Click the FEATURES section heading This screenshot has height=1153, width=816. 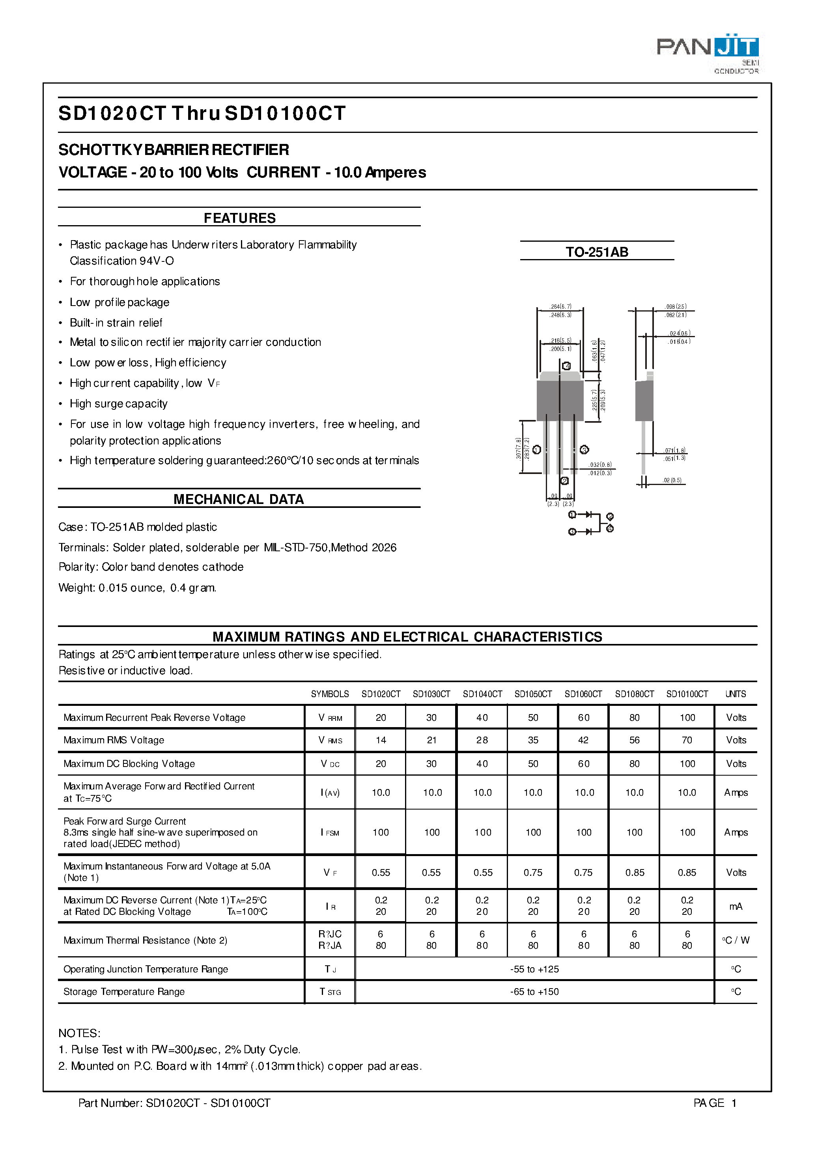pyautogui.click(x=240, y=218)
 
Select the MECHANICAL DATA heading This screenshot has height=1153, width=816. pyautogui.click(x=239, y=499)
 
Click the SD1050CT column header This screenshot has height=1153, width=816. pyautogui.click(x=533, y=694)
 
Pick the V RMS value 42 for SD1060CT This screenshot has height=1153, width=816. pyautogui.click(x=583, y=740)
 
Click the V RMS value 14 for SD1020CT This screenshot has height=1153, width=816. pyautogui.click(x=381, y=740)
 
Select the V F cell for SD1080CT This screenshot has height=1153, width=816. pyautogui.click(x=635, y=873)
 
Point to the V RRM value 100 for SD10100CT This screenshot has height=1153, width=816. pyautogui.click(x=687, y=717)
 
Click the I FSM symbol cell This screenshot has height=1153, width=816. pyautogui.click(x=330, y=832)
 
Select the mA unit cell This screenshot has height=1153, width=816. pyautogui.click(x=736, y=906)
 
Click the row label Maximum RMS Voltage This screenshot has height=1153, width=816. pyautogui.click(x=114, y=740)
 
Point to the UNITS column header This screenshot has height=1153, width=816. pyautogui.click(x=736, y=694)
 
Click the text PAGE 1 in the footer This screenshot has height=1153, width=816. pyautogui.click(x=715, y=1103)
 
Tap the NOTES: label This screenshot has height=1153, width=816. pyautogui.click(x=79, y=1034)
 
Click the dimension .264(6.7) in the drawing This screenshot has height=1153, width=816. pyautogui.click(x=560, y=306)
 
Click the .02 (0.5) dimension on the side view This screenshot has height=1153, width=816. pyautogui.click(x=672, y=480)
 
